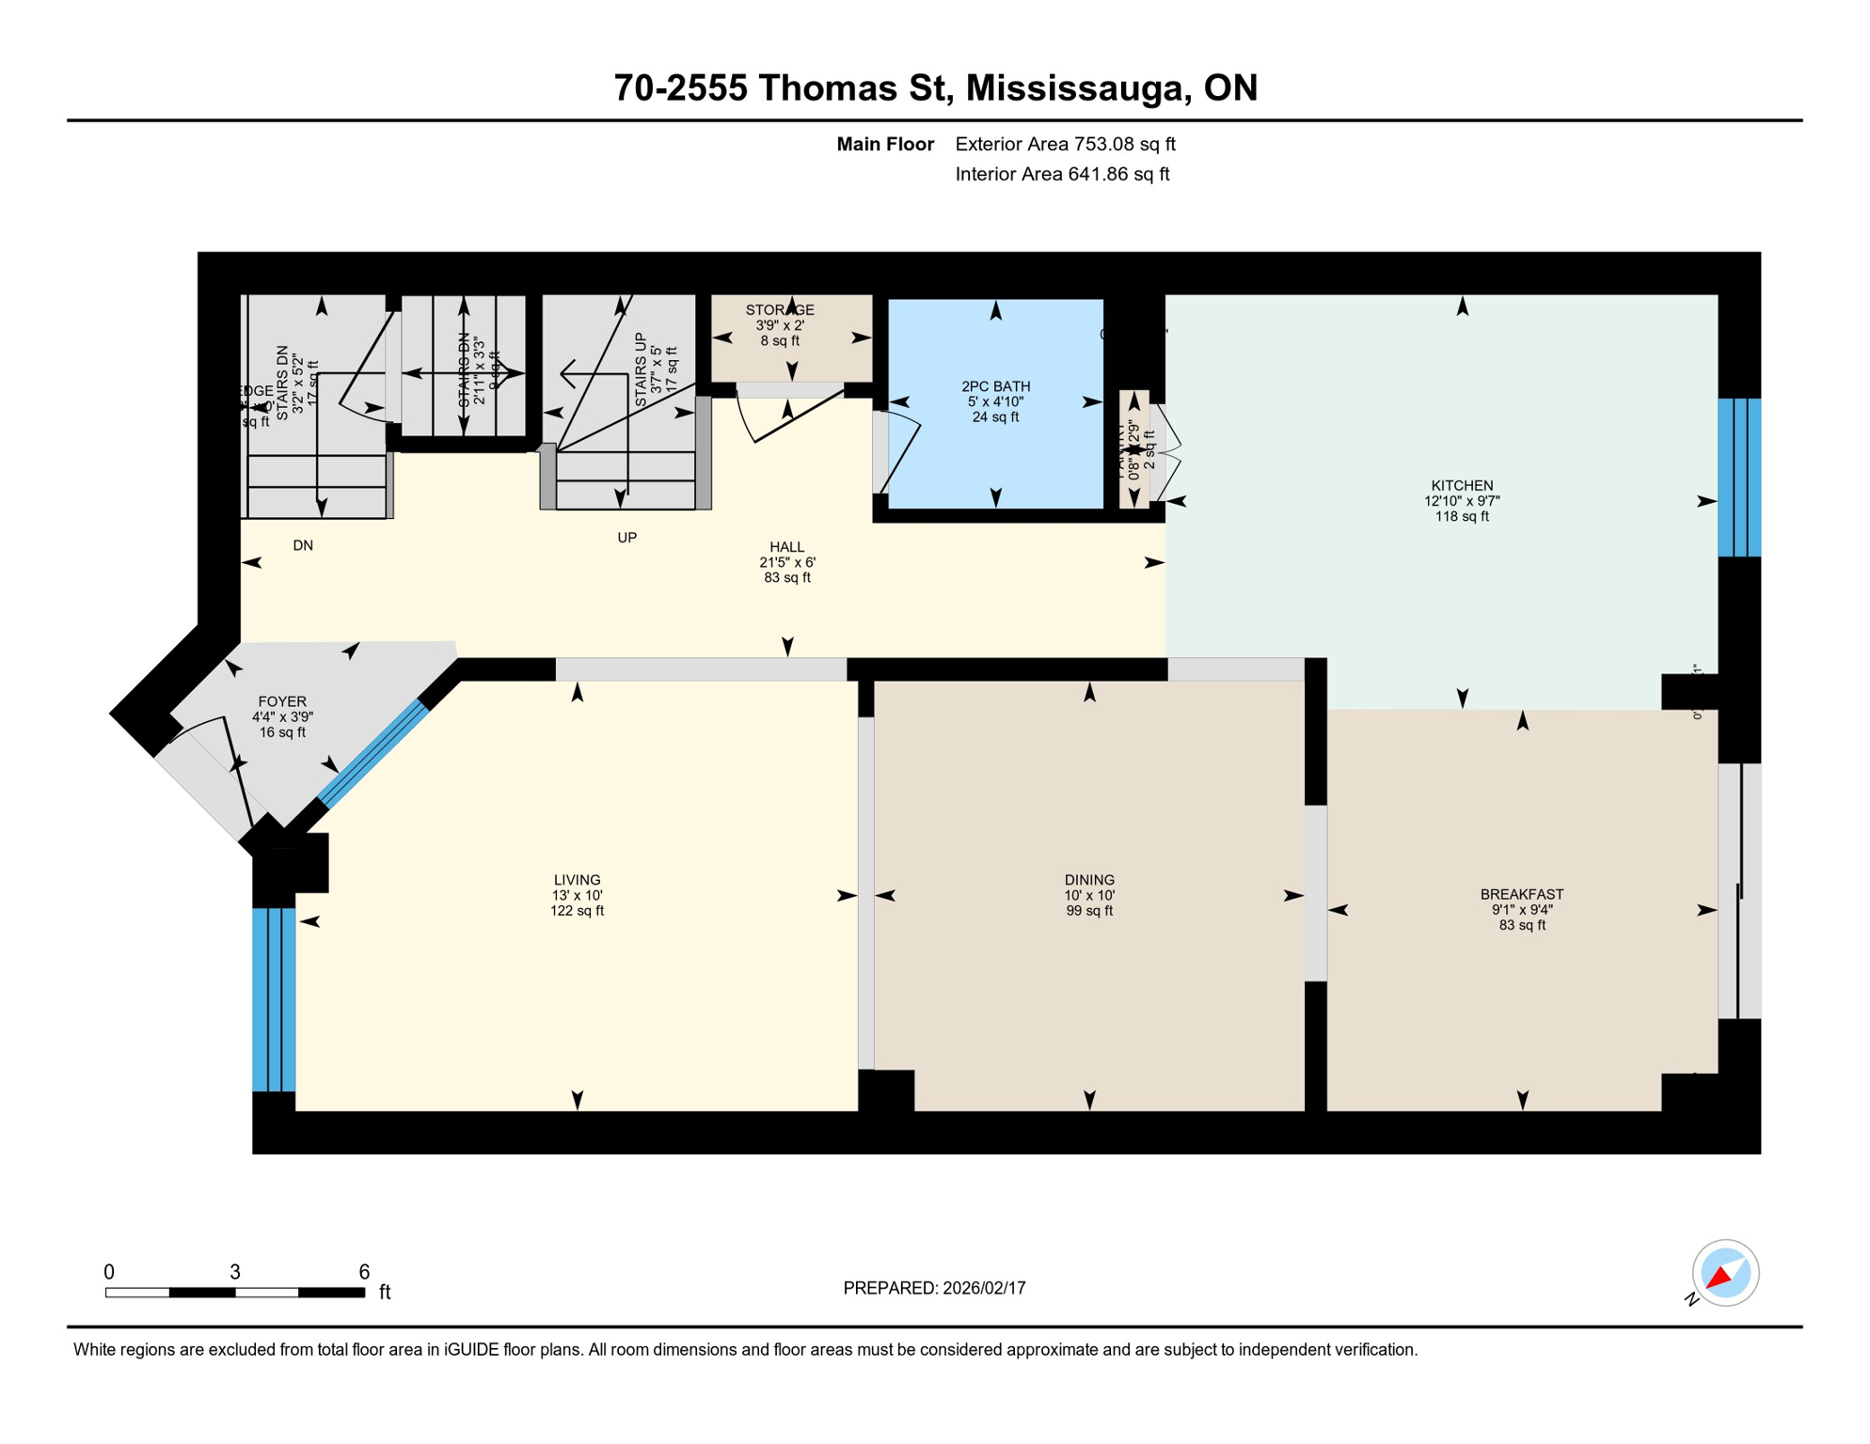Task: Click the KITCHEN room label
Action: [1462, 486]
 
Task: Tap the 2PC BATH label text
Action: [995, 386]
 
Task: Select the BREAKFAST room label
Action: [1521, 894]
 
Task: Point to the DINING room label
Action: [1089, 880]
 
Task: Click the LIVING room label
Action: [577, 880]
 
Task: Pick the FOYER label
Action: [282, 701]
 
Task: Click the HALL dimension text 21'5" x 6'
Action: [787, 562]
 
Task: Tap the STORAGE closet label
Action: [780, 310]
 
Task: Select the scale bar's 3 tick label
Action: [235, 1272]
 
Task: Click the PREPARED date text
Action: [934, 1288]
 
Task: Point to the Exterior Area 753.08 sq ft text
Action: [1065, 144]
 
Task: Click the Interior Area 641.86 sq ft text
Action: [1062, 174]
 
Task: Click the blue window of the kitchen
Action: [1738, 478]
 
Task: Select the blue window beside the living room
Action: [274, 999]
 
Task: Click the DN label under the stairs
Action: [303, 545]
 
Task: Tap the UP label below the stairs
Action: [626, 538]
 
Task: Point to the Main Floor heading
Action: [885, 144]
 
